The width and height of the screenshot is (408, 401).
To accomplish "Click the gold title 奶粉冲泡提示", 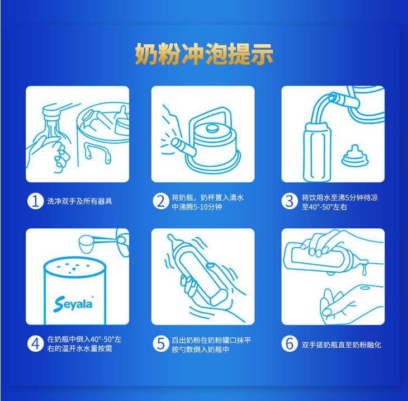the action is point(204,54).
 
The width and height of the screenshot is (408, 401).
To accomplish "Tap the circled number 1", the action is point(35,201).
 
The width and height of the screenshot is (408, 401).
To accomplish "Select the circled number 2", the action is point(161,201).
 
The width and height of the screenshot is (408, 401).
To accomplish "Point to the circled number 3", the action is point(290,201).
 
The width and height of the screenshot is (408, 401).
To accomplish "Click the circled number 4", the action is point(35,344).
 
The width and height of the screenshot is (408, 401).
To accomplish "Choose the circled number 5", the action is point(161,344).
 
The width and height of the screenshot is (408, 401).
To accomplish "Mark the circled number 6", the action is point(290,344).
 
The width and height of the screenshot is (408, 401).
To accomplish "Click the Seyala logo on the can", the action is point(73,304).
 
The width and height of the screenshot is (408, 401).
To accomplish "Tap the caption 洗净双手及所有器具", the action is point(79,201).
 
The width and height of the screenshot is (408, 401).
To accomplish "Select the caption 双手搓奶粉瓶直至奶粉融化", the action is point(341,345).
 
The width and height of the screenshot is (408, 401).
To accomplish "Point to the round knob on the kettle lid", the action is point(212,129).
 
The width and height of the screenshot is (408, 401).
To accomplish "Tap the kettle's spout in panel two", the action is point(183,147).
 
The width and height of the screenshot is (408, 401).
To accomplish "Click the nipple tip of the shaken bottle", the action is point(171,237).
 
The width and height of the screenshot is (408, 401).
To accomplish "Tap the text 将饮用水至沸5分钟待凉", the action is point(340,197).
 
